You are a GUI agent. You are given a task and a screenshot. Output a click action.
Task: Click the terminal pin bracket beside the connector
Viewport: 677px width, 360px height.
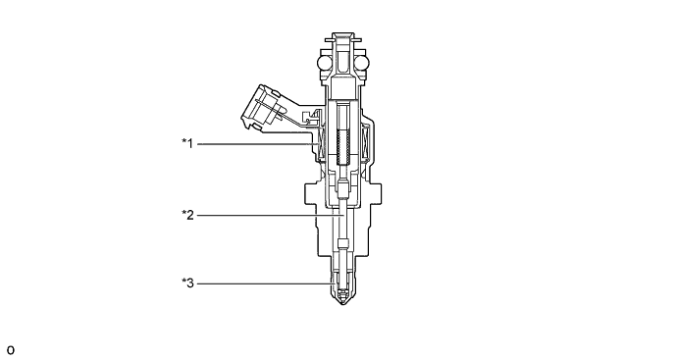pyautogui.click(x=310, y=119)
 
